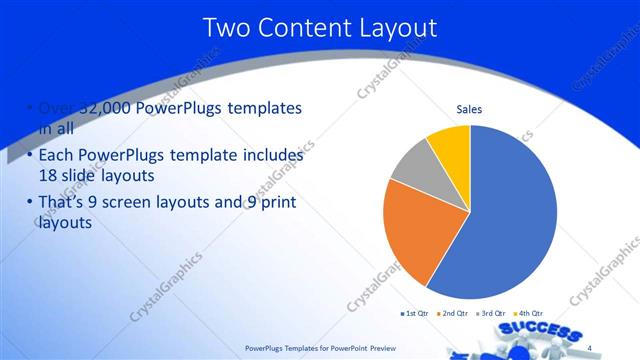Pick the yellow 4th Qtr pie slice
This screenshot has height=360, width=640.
pos(451,146)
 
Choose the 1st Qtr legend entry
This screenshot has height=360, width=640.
pos(414,314)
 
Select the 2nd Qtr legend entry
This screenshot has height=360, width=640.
pos(454,314)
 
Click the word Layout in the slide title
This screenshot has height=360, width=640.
pos(393,28)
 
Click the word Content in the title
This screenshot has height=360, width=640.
pos(299,28)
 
